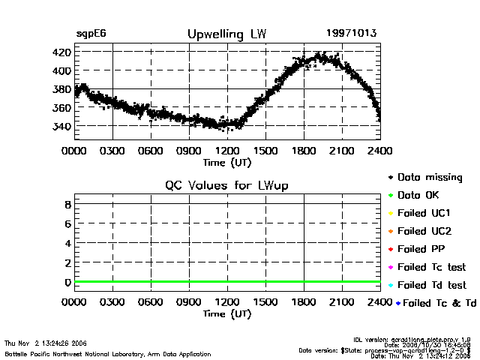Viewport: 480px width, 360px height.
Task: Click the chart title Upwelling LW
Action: point(226,34)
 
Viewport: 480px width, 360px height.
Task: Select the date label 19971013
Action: point(351,34)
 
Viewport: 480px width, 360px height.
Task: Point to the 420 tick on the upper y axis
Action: point(61,52)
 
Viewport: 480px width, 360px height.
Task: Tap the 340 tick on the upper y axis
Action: point(61,126)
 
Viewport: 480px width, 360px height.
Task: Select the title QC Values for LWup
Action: point(226,185)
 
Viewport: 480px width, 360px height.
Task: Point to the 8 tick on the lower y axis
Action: point(67,204)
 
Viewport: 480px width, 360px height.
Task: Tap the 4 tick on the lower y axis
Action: point(67,243)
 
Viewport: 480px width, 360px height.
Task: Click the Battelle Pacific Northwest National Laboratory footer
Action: point(107,353)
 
